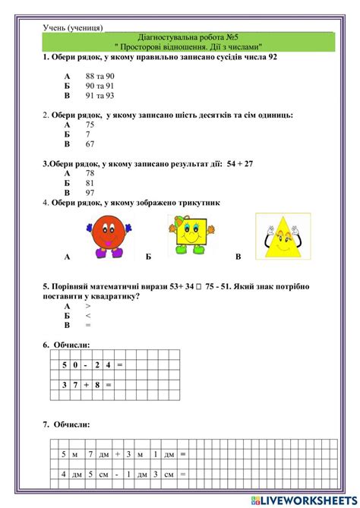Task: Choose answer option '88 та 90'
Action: point(100,77)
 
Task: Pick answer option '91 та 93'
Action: point(100,96)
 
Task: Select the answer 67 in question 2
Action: point(90,144)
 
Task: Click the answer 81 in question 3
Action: point(90,183)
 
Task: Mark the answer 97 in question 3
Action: point(90,193)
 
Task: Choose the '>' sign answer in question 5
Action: point(88,305)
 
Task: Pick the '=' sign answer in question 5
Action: point(88,325)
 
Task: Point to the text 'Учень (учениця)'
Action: point(74,27)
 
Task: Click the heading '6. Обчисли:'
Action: point(66,346)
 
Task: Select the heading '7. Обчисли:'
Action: point(66,424)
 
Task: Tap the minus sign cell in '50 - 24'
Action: point(87,365)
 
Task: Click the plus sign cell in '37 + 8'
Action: point(87,385)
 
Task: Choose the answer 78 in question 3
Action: point(90,173)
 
